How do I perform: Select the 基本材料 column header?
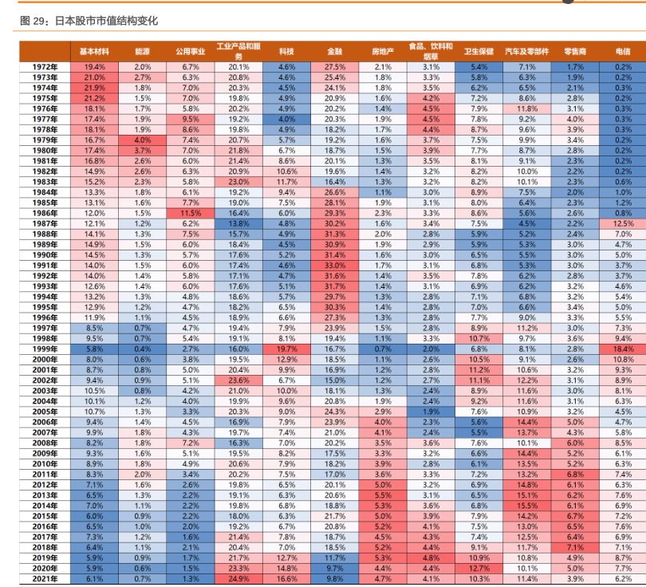(x=94, y=50)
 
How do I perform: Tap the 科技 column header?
(x=286, y=50)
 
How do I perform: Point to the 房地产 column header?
(x=383, y=50)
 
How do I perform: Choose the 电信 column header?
(x=624, y=50)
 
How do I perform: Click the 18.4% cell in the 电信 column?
(x=624, y=348)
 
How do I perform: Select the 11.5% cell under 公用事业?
(x=191, y=213)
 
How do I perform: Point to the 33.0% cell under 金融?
(x=335, y=265)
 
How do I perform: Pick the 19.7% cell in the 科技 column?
(x=286, y=348)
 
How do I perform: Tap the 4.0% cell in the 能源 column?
(x=143, y=140)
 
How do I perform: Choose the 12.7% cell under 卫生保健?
(x=479, y=568)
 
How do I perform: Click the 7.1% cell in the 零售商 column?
(x=575, y=547)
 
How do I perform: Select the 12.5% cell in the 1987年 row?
(x=624, y=223)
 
